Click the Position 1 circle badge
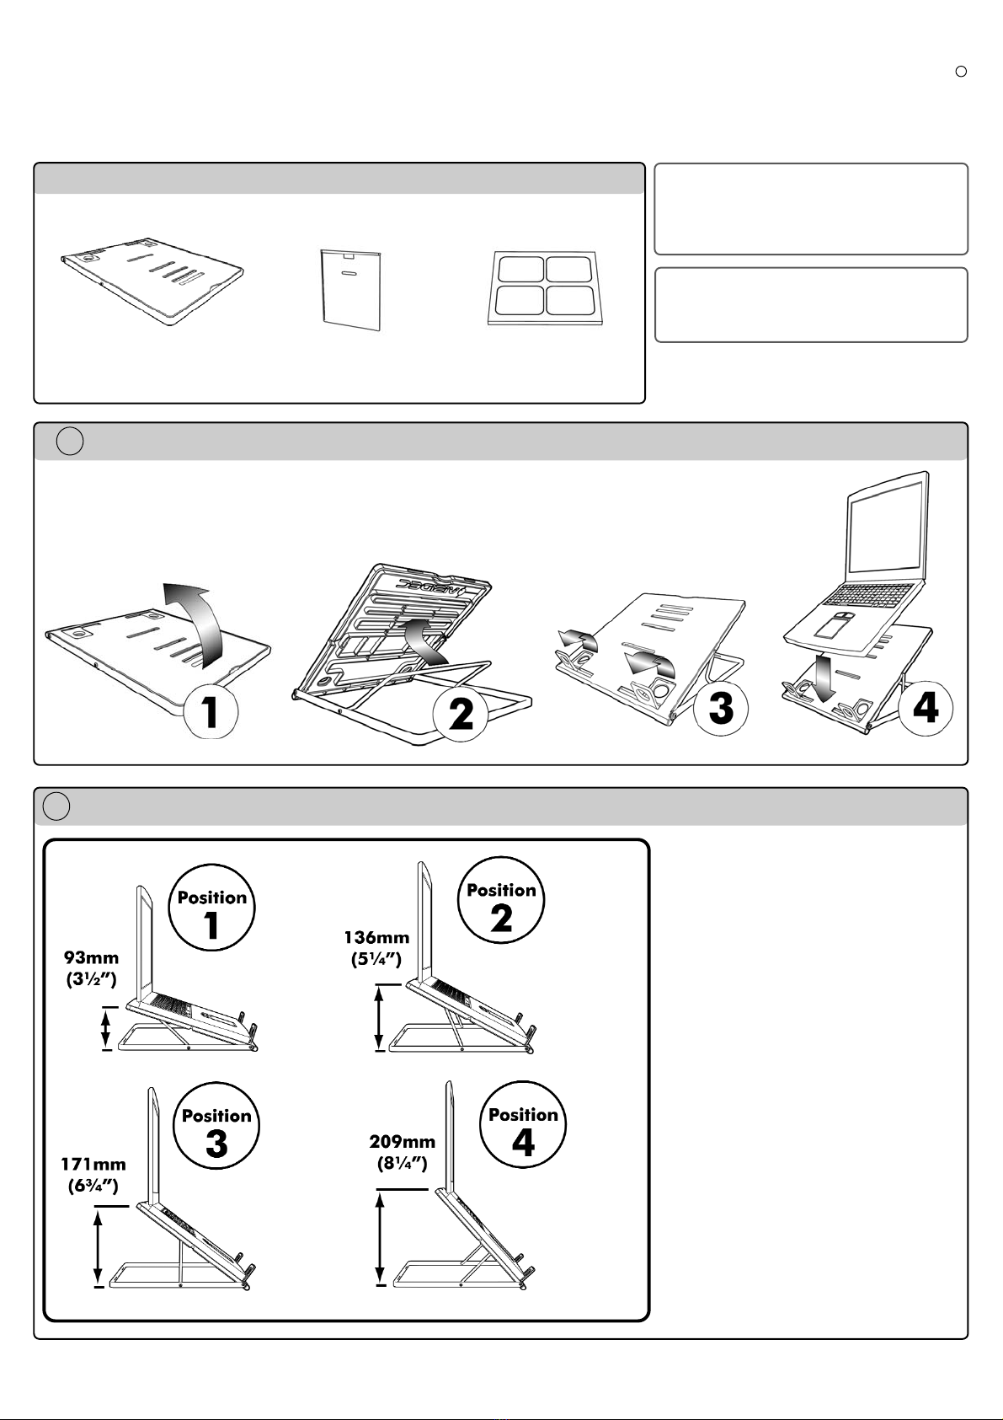[x=212, y=908]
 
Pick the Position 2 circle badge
[x=501, y=901]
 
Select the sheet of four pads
[x=546, y=287]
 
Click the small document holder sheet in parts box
[x=350, y=288]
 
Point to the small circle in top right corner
[x=960, y=72]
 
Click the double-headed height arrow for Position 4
[x=381, y=1238]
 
